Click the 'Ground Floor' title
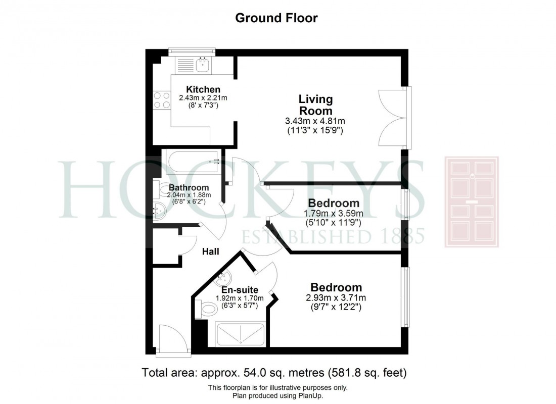pyautogui.click(x=277, y=18)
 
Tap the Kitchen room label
pyautogui.click(x=203, y=89)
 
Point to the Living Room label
pyautogui.click(x=315, y=105)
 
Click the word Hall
pyautogui.click(x=210, y=251)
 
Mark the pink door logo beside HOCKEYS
pyautogui.click(x=471, y=201)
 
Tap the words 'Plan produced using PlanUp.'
pyautogui.click(x=277, y=395)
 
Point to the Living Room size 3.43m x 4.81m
pyautogui.click(x=315, y=121)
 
